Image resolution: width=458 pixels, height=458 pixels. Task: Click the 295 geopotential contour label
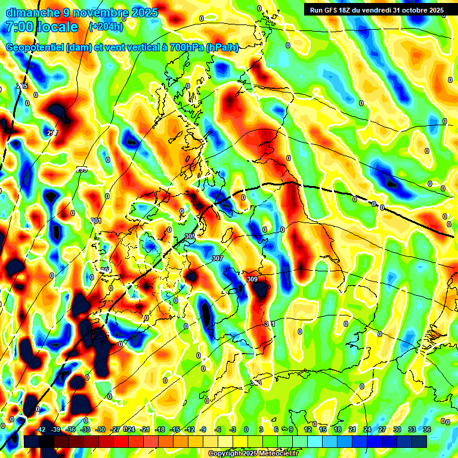[x=22, y=87]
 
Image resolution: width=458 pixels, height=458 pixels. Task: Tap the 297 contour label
[x=52, y=133]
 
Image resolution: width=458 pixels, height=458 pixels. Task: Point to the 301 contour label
[x=95, y=221]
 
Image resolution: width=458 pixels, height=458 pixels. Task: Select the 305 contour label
[x=190, y=237]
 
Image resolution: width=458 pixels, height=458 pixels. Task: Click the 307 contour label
[x=218, y=258]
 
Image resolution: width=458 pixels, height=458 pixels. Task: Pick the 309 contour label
[x=252, y=279]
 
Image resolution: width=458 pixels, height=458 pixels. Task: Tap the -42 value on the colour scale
[x=41, y=429]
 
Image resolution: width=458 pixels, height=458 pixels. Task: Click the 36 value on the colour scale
[x=427, y=429]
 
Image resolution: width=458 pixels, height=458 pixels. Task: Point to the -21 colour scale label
[x=145, y=429]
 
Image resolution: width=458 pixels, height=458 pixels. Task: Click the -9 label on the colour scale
[x=203, y=429]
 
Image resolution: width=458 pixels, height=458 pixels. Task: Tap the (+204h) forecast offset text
[x=106, y=27]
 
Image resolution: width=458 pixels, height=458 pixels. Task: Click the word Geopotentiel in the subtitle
[x=35, y=48]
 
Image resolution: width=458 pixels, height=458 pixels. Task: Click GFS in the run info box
[x=333, y=10]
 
